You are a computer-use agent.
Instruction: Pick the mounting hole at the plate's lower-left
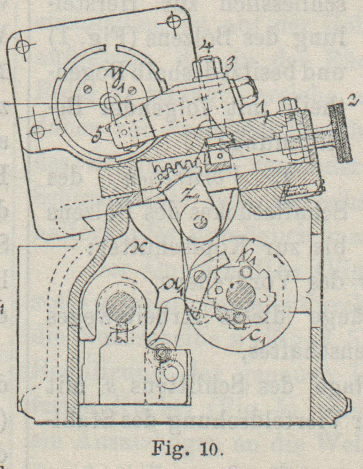(36, 131)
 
